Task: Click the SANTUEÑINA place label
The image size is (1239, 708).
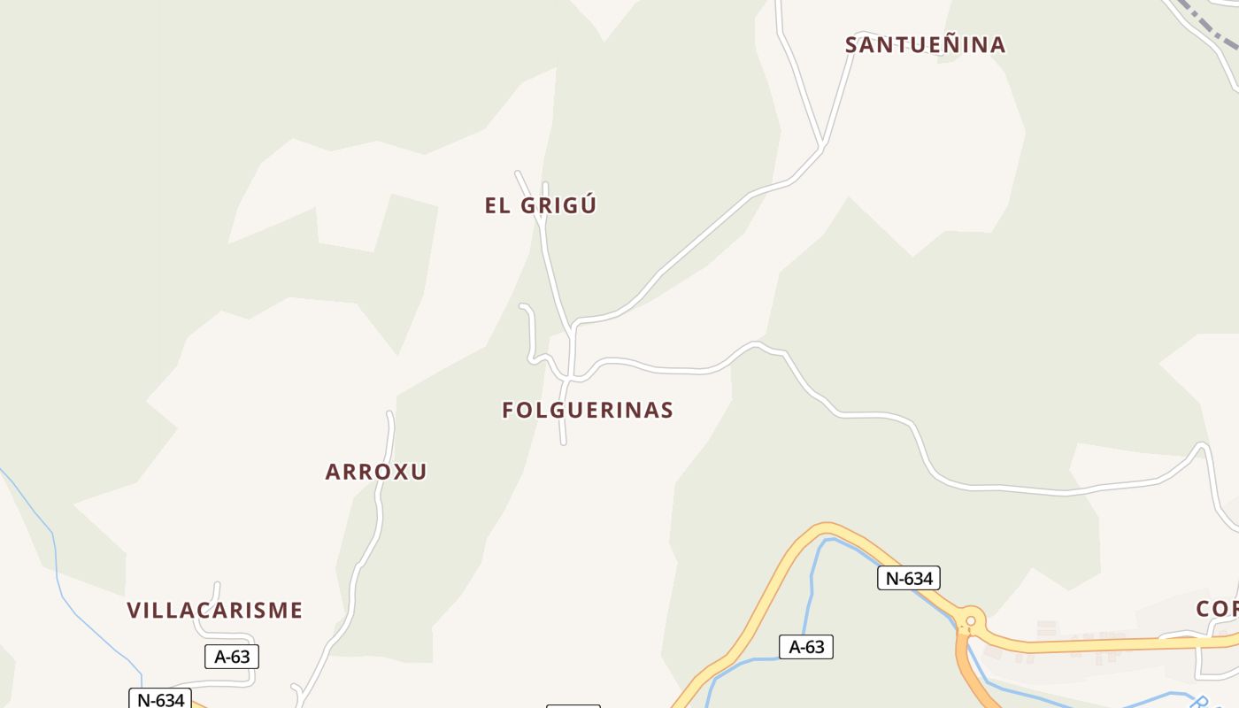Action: pyautogui.click(x=925, y=44)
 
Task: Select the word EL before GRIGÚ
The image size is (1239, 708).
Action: pyautogui.click(x=498, y=205)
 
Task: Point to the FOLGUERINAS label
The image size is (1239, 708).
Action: pyautogui.click(x=588, y=410)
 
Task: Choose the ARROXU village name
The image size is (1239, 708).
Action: pyautogui.click(x=376, y=472)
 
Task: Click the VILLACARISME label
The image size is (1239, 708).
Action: pyautogui.click(x=215, y=610)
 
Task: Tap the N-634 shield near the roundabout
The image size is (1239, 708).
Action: pyautogui.click(x=908, y=578)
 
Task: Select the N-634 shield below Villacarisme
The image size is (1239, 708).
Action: pyautogui.click(x=159, y=699)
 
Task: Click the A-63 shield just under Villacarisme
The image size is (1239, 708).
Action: pyautogui.click(x=232, y=656)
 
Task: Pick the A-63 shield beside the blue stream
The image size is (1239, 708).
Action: pyautogui.click(x=805, y=646)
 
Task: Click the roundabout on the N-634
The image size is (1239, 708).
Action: pyautogui.click(x=971, y=620)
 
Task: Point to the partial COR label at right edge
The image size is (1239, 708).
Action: pyautogui.click(x=1218, y=609)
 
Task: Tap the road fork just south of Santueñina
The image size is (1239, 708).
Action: pyautogui.click(x=823, y=144)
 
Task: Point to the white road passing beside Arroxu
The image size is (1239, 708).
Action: pyautogui.click(x=379, y=513)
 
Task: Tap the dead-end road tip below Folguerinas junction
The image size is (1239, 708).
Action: pyautogui.click(x=563, y=442)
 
